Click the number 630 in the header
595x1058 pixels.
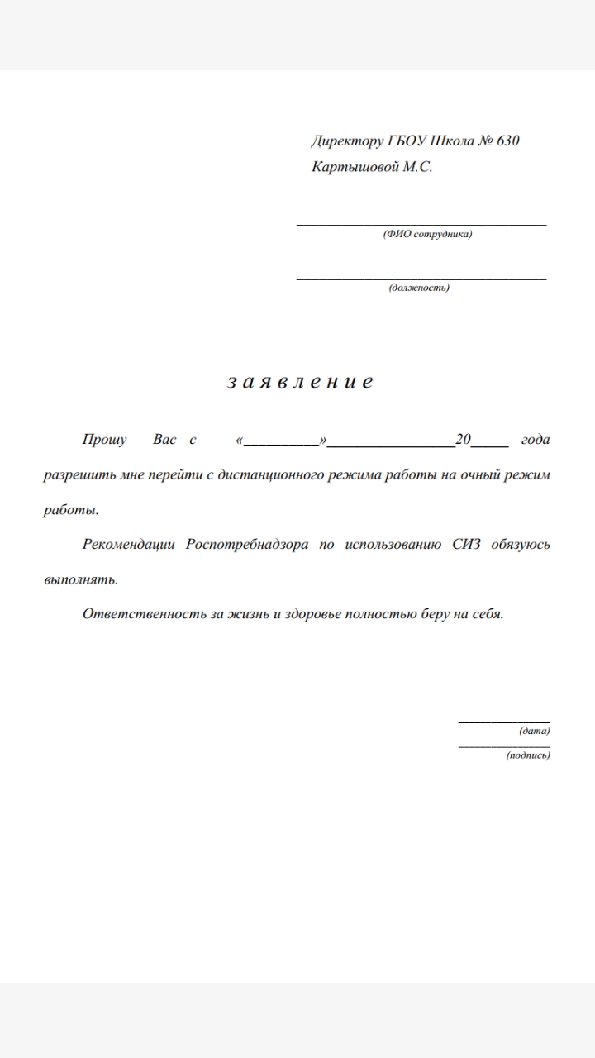pos(508,141)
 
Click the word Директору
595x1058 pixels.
pos(348,141)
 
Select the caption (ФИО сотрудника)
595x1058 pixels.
pos(427,235)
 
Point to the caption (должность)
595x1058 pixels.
pos(419,288)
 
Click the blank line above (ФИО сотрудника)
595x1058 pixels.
pos(421,224)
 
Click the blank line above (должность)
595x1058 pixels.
pos(421,278)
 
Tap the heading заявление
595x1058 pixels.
pos(299,382)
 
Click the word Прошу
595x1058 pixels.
pos(104,440)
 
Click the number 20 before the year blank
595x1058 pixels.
pos(463,440)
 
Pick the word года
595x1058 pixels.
pos(535,440)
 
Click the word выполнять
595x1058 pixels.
pos(80,579)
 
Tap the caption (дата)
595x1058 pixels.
pos(535,731)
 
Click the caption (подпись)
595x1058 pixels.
pos(528,755)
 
